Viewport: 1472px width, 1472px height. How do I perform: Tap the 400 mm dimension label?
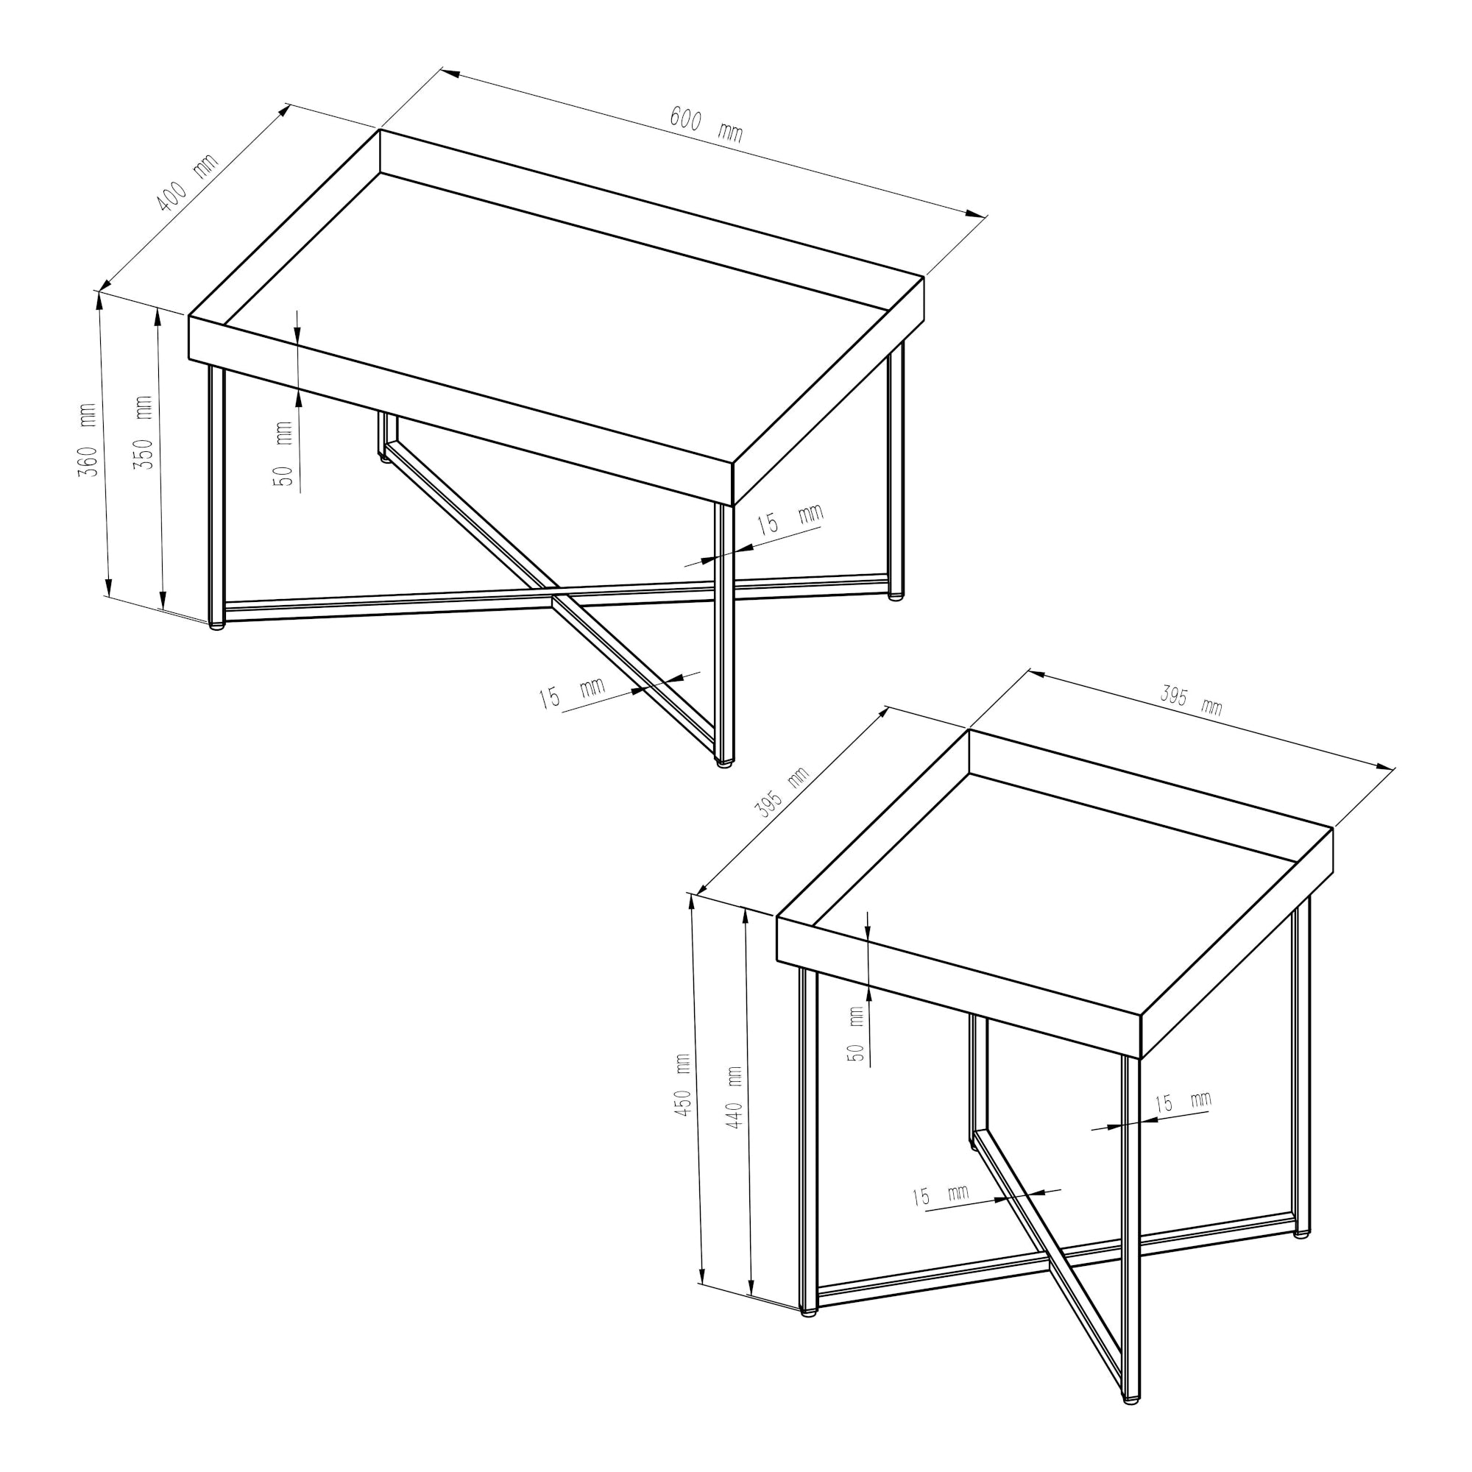click(188, 182)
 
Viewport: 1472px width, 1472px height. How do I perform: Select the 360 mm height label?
click(88, 440)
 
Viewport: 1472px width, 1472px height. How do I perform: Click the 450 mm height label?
click(683, 1086)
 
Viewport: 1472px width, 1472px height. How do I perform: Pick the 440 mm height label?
click(734, 1098)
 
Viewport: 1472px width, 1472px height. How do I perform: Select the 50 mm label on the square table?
click(856, 1035)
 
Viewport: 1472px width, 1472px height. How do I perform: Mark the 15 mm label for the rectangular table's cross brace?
click(571, 693)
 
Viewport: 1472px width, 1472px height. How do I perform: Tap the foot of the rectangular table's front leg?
click(724, 760)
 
